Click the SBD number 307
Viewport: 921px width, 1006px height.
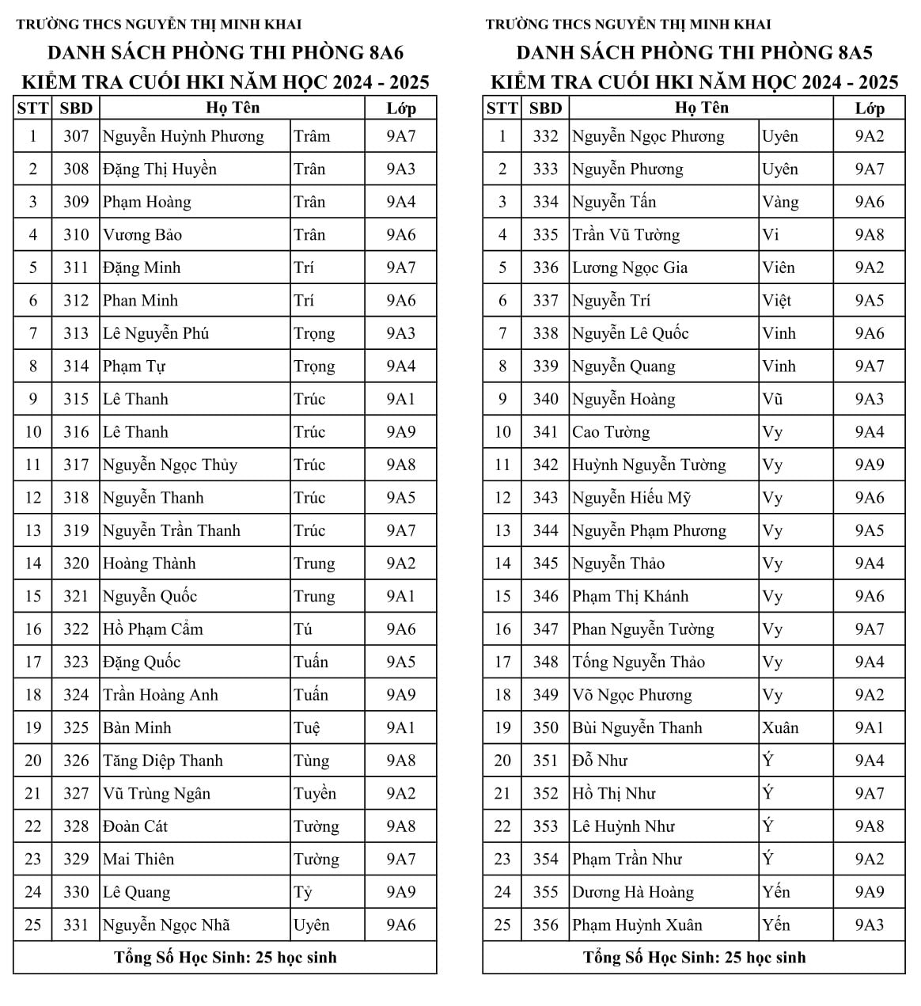click(76, 136)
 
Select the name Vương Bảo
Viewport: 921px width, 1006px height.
click(142, 235)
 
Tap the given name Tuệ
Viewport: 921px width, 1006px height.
click(307, 728)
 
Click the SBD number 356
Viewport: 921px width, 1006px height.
click(545, 925)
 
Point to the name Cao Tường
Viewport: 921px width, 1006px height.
click(611, 432)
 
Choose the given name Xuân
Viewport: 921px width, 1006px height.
click(780, 728)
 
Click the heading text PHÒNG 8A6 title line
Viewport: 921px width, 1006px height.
click(226, 53)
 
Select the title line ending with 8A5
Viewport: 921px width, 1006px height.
click(694, 53)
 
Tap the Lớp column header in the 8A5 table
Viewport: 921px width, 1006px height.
click(869, 108)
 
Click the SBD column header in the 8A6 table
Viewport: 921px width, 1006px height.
click(76, 108)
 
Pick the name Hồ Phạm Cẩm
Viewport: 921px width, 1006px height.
click(153, 629)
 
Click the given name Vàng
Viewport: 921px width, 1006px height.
click(780, 202)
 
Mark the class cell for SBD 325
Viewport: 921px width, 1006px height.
click(400, 728)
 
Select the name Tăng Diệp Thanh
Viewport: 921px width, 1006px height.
click(163, 761)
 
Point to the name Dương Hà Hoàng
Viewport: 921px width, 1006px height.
click(633, 893)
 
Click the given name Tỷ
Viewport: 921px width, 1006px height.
click(303, 893)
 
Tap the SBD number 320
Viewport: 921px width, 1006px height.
click(76, 564)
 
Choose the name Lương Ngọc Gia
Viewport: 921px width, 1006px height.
click(630, 268)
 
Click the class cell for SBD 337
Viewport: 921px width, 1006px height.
click(869, 301)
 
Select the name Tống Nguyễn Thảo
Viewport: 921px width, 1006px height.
click(639, 662)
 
